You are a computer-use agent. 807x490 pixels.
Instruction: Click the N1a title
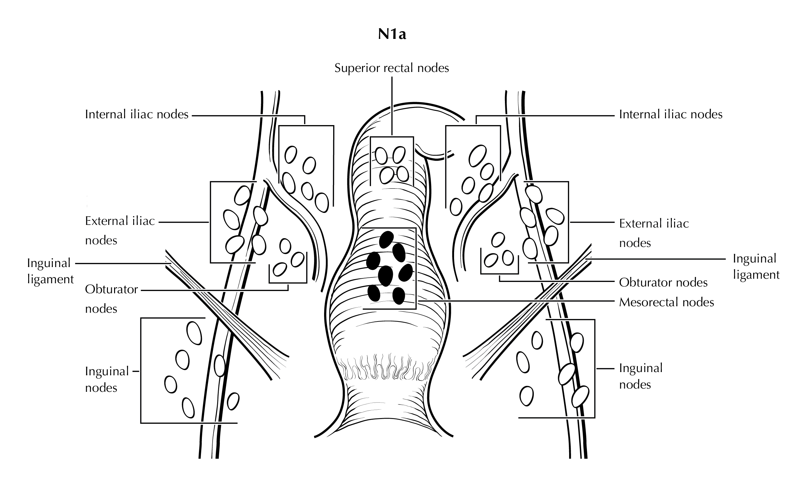(x=392, y=34)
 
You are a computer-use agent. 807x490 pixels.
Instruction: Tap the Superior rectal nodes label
(x=392, y=68)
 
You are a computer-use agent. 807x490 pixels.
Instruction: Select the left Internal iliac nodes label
(x=136, y=114)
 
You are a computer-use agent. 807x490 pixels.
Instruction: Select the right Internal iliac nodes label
(x=671, y=114)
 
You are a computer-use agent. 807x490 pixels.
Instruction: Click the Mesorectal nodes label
(x=666, y=302)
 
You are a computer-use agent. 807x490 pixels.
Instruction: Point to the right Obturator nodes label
(x=663, y=282)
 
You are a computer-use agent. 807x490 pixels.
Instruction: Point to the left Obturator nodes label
(x=111, y=299)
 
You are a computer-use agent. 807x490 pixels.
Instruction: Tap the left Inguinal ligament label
(x=51, y=271)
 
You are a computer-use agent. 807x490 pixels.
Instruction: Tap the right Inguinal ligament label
(x=756, y=266)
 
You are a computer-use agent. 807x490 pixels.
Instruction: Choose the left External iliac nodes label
(x=120, y=230)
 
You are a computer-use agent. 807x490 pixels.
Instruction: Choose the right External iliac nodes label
(x=654, y=233)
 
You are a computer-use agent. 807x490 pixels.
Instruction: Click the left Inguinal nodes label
(x=107, y=379)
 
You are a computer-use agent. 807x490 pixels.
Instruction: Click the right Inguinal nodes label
(x=641, y=376)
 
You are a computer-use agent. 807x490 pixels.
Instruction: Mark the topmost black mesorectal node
(x=386, y=240)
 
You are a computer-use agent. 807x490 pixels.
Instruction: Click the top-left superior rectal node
(x=381, y=156)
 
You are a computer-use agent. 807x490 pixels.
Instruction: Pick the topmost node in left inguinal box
(x=194, y=333)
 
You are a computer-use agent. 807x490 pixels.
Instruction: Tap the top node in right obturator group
(x=498, y=240)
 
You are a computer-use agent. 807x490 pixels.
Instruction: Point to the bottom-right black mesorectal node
(x=399, y=296)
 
